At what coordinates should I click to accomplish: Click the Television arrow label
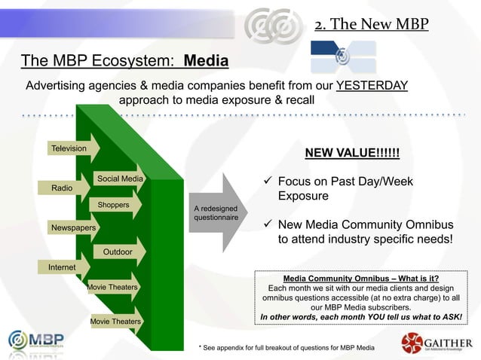68,149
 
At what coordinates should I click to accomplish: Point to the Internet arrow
61,267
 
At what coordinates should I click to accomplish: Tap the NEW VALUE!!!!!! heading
351,154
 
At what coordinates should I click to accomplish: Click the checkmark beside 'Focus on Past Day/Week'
269,182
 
